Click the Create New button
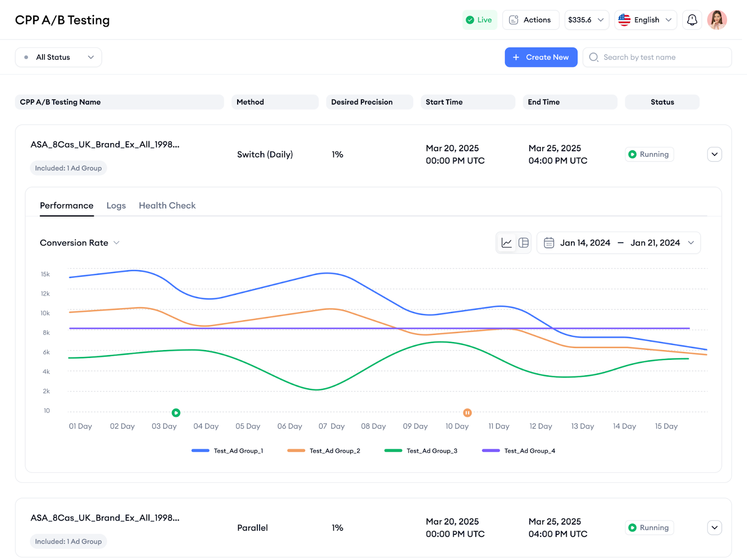(541, 57)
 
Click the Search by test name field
(657, 57)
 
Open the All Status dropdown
(58, 57)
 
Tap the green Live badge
(479, 20)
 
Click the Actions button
(530, 20)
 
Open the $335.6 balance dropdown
(586, 20)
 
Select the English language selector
(645, 20)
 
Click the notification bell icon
(692, 20)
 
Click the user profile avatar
(717, 20)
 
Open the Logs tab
(116, 206)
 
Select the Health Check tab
(167, 206)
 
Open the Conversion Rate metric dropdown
(80, 243)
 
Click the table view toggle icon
(523, 243)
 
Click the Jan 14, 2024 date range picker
(619, 243)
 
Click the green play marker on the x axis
(176, 413)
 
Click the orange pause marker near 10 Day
(467, 413)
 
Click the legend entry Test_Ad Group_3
(421, 451)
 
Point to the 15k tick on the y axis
(45, 274)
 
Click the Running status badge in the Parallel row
(649, 528)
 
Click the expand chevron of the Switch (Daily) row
(714, 154)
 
